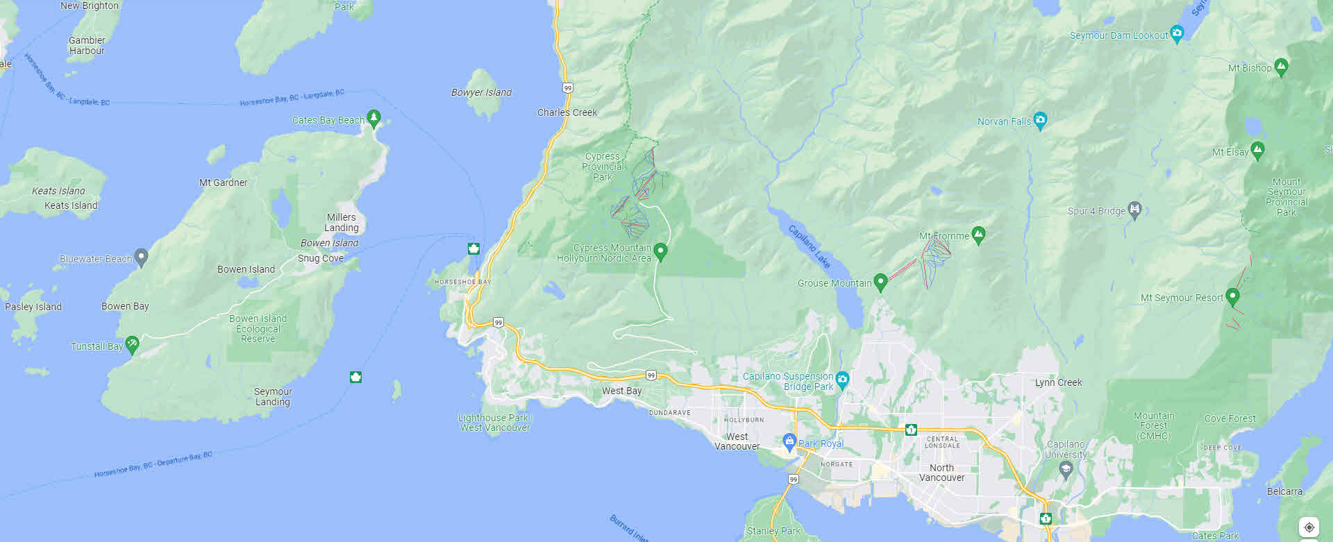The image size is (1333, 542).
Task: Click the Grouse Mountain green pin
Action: pos(880,281)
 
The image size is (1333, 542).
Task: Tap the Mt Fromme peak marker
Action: pos(978,235)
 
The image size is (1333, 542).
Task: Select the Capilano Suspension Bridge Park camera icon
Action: pos(842,379)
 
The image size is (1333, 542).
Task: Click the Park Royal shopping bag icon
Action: pos(789,441)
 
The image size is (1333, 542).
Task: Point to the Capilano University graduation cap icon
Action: pos(1066,470)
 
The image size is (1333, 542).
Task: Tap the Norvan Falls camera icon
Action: pos(1040,121)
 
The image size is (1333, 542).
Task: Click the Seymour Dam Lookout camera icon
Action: pos(1177,33)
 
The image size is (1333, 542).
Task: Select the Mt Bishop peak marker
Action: pos(1281,67)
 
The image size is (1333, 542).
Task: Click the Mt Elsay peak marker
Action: pos(1257,150)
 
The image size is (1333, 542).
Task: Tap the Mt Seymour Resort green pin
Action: pos(1232,296)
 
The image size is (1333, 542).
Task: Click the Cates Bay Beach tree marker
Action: pos(374,118)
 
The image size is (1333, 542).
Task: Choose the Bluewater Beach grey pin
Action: pos(141,257)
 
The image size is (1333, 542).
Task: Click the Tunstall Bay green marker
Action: pos(132,344)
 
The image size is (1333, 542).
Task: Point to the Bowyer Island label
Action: pos(481,92)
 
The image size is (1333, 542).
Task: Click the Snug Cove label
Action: pos(321,258)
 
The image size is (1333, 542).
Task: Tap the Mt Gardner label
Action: pos(223,183)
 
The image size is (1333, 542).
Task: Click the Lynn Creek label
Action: pos(1058,382)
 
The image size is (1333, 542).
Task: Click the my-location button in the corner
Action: pos(1309,527)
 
